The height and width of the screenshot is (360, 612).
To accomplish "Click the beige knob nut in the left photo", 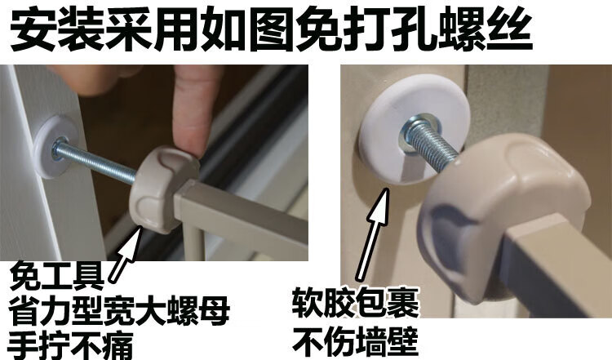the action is [x=164, y=189].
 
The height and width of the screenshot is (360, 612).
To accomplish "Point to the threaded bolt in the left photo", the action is [x=95, y=161].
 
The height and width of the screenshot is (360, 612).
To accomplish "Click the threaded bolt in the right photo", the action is [x=429, y=143].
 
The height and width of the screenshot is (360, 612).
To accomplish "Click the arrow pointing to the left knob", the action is [x=126, y=253].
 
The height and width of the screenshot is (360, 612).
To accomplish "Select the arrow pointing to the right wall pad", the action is [x=373, y=233].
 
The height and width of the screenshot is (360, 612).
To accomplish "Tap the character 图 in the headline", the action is [x=272, y=31].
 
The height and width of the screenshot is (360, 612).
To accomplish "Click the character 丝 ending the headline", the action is [x=509, y=31].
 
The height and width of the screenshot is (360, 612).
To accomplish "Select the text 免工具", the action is [x=57, y=277].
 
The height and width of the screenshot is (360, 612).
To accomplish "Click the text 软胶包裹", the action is [x=356, y=304].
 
